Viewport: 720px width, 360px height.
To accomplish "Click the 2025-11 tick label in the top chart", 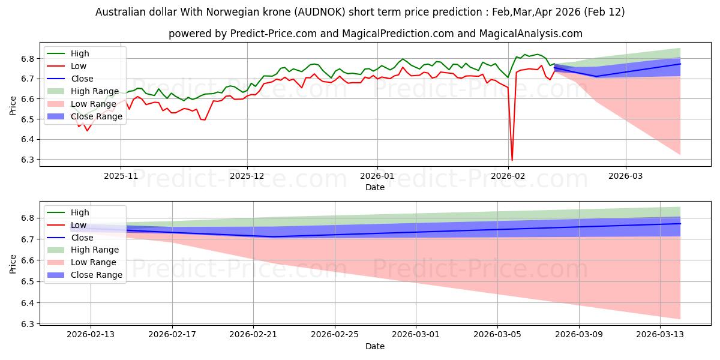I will point(121,176).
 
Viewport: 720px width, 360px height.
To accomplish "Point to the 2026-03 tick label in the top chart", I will point(626,176).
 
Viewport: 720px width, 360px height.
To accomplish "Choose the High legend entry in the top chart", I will point(80,53).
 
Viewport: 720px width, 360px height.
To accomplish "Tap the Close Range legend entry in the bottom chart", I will point(97,275).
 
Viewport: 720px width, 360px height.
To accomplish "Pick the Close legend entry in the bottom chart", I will point(82,238).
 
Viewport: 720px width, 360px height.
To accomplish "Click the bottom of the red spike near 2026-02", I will point(512,160).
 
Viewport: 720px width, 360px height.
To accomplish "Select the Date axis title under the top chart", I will point(375,187).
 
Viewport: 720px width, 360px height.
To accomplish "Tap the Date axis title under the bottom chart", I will point(375,346).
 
